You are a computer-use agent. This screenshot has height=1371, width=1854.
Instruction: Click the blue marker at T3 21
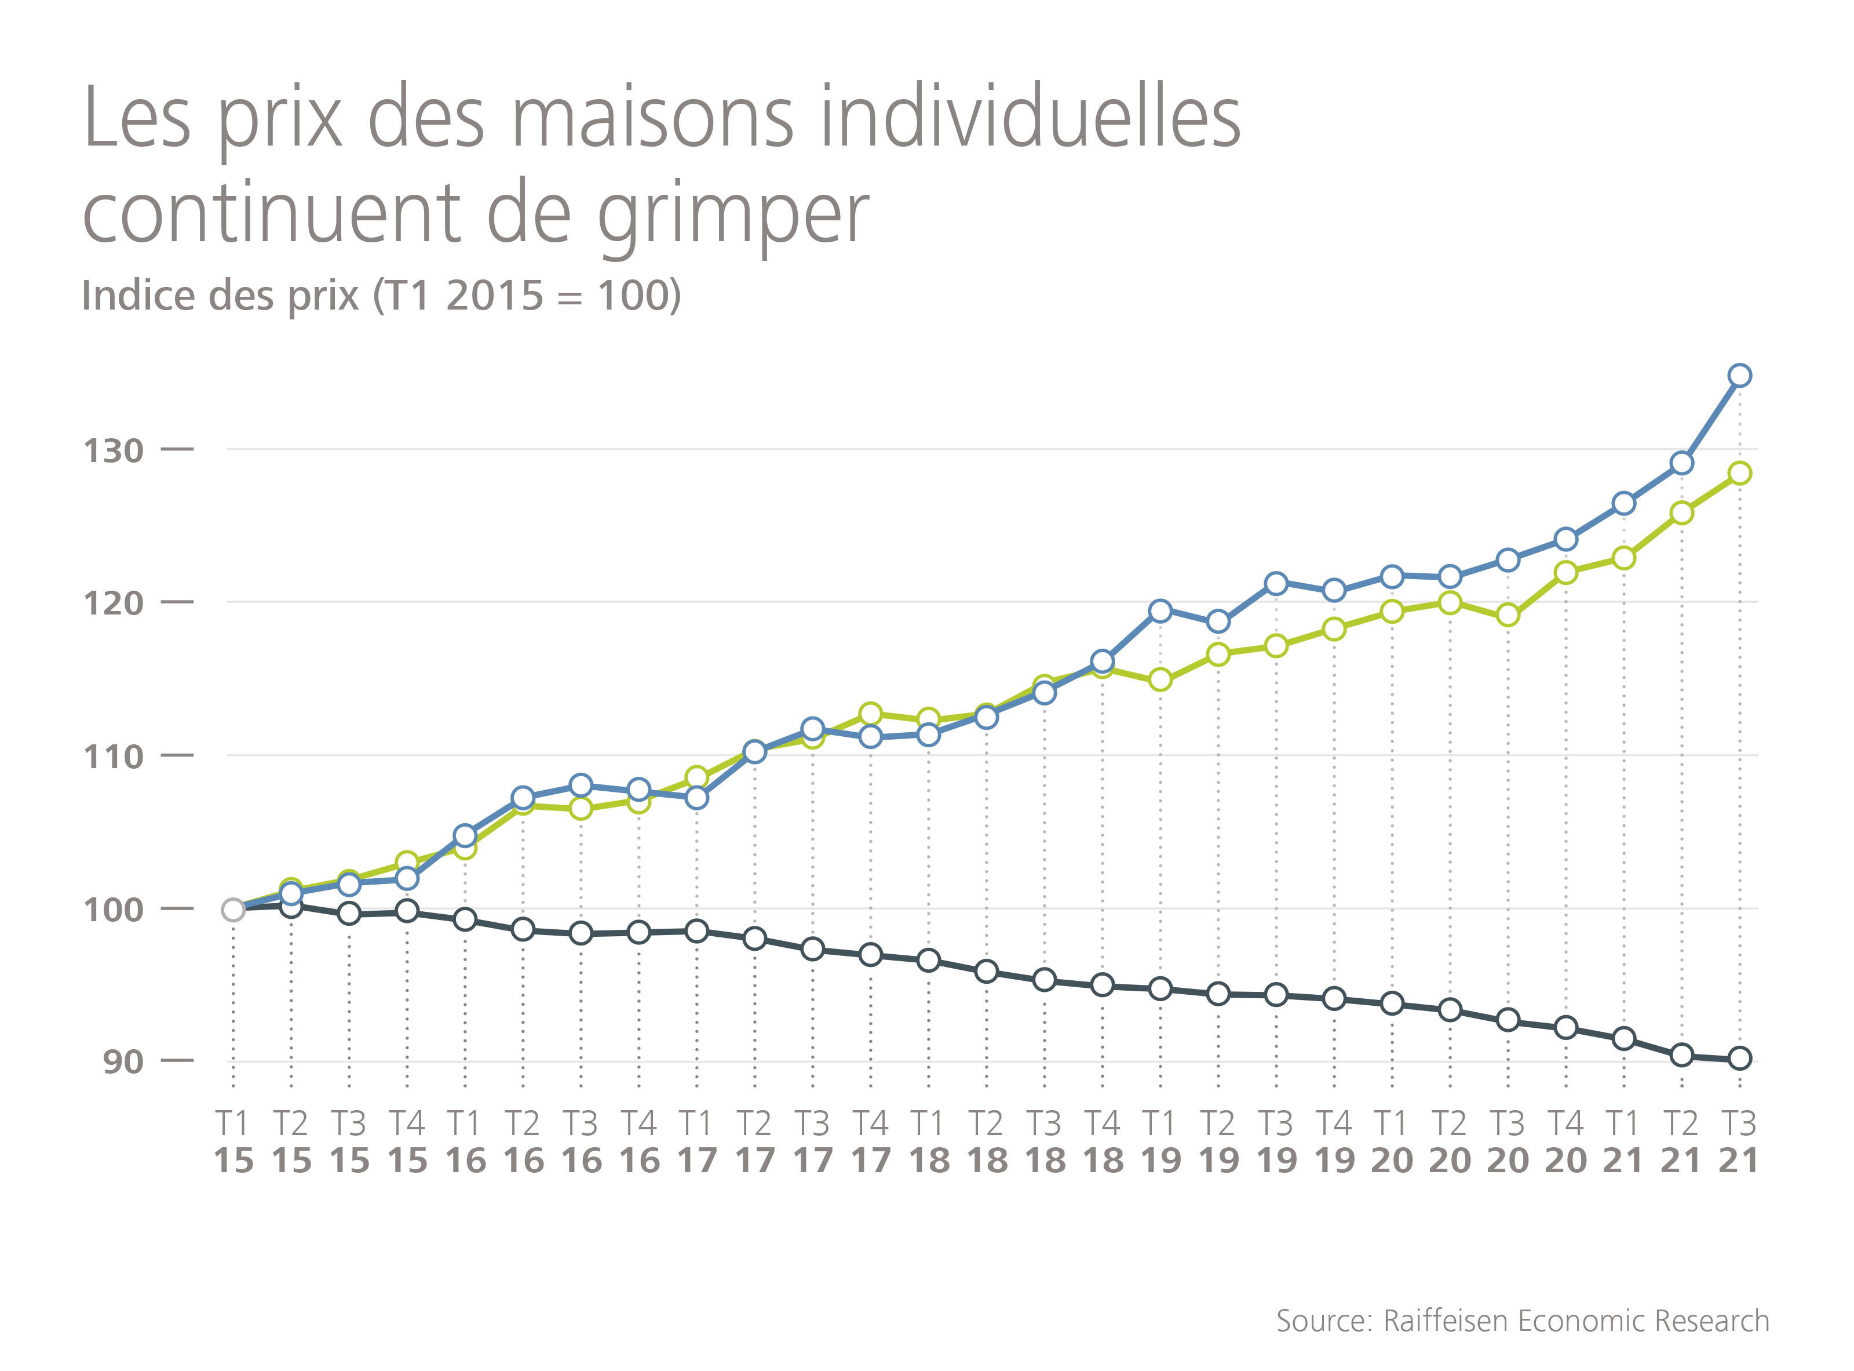(x=1739, y=376)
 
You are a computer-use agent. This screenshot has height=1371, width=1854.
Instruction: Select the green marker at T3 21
(x=1739, y=473)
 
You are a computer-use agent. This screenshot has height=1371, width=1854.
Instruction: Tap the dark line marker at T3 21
(x=1739, y=1058)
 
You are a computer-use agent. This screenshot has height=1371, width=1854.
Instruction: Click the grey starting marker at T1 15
(x=233, y=910)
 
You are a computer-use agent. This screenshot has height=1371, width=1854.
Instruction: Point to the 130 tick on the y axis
(x=114, y=452)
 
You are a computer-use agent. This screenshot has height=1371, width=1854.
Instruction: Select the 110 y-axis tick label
(x=114, y=757)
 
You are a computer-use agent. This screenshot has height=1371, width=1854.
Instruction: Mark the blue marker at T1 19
(x=1160, y=612)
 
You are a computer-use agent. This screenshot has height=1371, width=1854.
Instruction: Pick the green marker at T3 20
(x=1508, y=615)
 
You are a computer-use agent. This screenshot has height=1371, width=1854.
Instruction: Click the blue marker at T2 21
(x=1681, y=463)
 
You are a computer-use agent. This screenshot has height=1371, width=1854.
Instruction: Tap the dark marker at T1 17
(x=697, y=931)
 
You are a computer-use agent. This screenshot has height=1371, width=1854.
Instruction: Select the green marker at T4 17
(x=870, y=714)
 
